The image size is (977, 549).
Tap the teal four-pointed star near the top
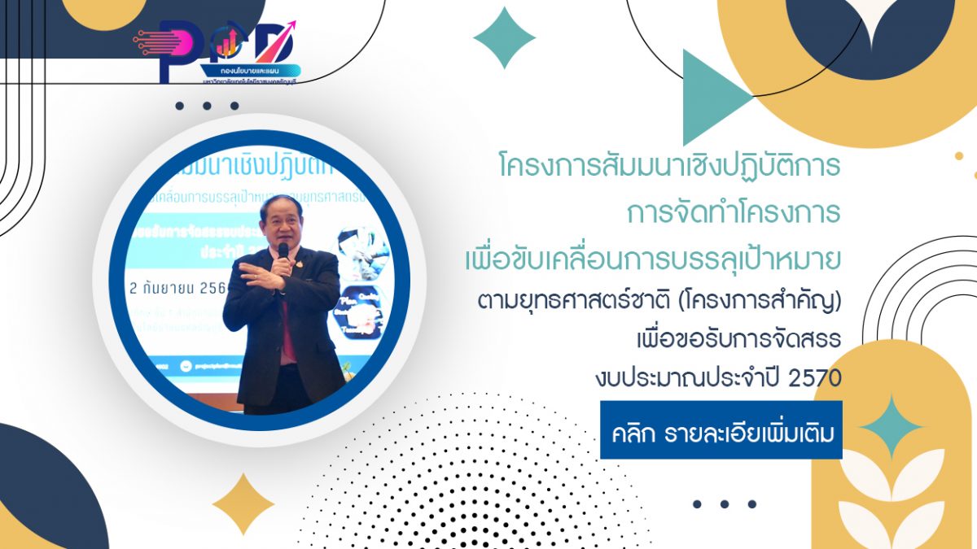[504, 37]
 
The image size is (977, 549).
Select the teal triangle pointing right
[712, 98]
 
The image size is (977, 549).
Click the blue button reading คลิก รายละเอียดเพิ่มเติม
[721, 429]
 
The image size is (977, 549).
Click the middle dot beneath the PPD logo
[207, 106]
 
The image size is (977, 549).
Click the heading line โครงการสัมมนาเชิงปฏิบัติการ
[669, 167]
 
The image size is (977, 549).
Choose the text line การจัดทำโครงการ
[733, 213]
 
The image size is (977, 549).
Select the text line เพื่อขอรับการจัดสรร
[750, 342]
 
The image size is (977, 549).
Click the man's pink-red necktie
[287, 325]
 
